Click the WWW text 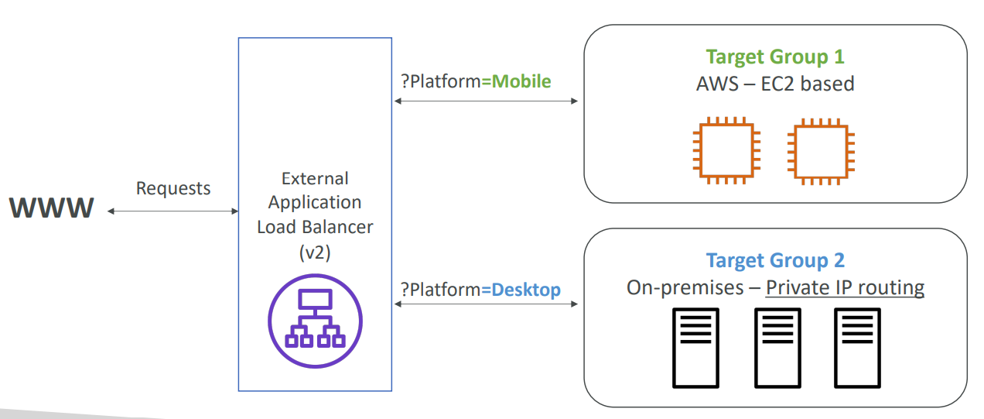51,208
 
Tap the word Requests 173,189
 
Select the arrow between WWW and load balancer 173,211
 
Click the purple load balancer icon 315,321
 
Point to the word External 315,178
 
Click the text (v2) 315,252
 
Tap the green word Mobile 521,81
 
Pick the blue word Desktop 526,290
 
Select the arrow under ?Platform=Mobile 486,101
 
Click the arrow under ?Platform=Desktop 486,304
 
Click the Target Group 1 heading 775,57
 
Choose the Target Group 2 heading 775,261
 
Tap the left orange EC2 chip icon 726,150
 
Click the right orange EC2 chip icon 821,152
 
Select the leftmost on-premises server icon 695,348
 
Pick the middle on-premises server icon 777,348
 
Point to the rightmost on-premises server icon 857,348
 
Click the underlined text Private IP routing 845,288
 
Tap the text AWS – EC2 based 775,84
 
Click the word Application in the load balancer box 315,203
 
